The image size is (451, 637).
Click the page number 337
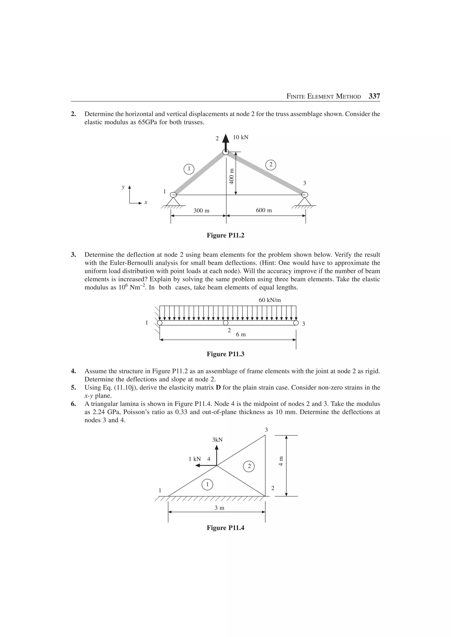[x=374, y=96]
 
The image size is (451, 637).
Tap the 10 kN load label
[x=240, y=137]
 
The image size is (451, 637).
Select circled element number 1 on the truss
[x=189, y=169]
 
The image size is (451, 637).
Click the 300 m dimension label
[x=201, y=211]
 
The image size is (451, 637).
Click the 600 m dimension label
[x=264, y=210]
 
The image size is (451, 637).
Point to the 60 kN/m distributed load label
[x=268, y=300]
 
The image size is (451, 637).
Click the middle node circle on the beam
[x=226, y=323]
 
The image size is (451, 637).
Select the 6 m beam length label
[x=241, y=334]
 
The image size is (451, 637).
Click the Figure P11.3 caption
[x=225, y=354]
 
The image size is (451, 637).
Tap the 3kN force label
[x=217, y=440]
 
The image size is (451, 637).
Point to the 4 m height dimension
[x=281, y=461]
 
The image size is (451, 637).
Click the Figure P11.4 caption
[x=225, y=528]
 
